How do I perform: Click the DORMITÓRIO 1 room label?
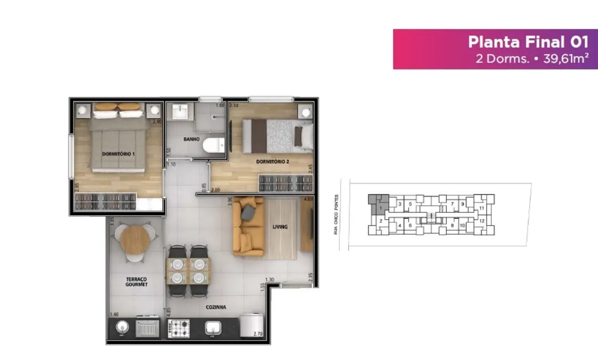click(x=118, y=153)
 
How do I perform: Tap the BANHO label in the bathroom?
click(x=191, y=139)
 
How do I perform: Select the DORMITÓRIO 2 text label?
click(x=273, y=162)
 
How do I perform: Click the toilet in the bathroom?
click(x=213, y=146)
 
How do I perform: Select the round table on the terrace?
click(x=134, y=240)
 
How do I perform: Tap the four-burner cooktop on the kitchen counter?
click(x=178, y=328)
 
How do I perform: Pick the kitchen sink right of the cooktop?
click(x=214, y=328)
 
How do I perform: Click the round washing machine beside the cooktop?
click(x=121, y=328)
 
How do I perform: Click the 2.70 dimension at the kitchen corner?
click(x=257, y=333)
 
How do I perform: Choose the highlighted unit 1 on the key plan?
click(x=380, y=208)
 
